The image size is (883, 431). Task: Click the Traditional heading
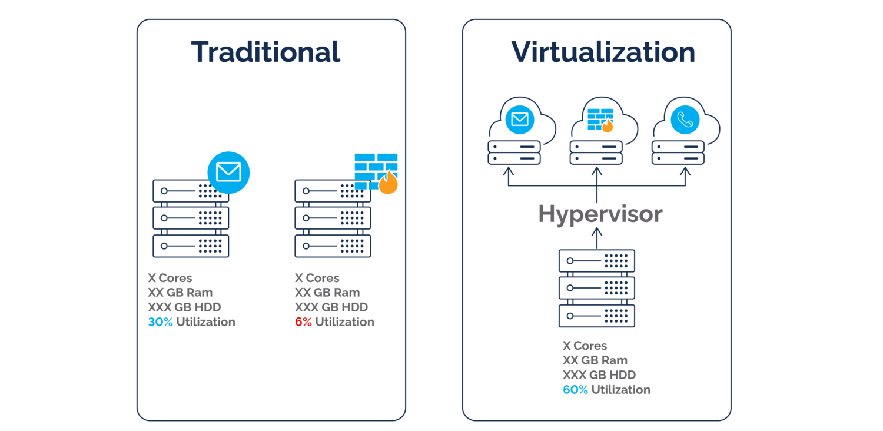tap(265, 52)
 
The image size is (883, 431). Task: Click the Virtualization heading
tap(603, 52)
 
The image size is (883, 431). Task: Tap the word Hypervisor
tap(600, 214)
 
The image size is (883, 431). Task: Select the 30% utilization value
tap(160, 322)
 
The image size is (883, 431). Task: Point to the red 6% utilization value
tap(303, 322)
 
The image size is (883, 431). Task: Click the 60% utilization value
tap(575, 390)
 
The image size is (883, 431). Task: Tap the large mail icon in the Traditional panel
tap(228, 172)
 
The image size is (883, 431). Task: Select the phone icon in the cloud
tap(685, 120)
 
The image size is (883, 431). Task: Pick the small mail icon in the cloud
tap(520, 120)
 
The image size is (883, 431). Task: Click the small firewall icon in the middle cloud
tap(600, 120)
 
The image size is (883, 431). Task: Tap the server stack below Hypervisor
tap(597, 289)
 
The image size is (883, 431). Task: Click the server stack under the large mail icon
tap(191, 218)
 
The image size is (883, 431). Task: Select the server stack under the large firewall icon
tap(333, 218)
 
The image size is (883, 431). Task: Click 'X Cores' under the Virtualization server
tap(584, 346)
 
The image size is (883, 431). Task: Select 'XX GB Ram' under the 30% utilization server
tap(180, 293)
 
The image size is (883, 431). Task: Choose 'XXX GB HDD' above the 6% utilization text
tap(331, 307)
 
